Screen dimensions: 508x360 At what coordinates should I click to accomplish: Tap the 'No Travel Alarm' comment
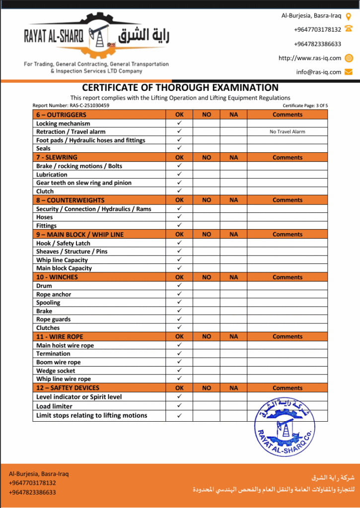tap(287, 132)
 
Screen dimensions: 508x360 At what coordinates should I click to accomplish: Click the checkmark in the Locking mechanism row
tap(179, 123)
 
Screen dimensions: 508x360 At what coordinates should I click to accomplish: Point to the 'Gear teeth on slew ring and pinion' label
tap(84, 183)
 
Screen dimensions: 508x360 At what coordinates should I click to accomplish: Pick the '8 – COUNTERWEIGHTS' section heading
tap(70, 200)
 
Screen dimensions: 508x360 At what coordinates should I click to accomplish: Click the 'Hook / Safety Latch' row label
tap(63, 244)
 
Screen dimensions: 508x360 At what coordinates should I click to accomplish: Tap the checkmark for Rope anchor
tap(179, 294)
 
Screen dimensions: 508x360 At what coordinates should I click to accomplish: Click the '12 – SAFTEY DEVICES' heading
tap(68, 388)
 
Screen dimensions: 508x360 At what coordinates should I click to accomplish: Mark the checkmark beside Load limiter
tap(179, 406)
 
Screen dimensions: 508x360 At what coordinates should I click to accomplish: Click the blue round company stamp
tap(284, 427)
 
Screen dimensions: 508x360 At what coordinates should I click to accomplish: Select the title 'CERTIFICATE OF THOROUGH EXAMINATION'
tap(180, 88)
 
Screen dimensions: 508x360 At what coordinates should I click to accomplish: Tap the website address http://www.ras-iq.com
tap(310, 58)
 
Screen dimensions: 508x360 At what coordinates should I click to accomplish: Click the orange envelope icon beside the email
tap(349, 72)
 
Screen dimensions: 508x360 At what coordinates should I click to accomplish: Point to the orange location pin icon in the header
tap(349, 16)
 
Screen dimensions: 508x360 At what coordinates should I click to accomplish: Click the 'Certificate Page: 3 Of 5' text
tap(305, 106)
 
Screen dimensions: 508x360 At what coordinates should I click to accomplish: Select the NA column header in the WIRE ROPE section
tap(234, 336)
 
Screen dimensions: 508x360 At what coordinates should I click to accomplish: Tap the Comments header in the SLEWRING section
tap(287, 158)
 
